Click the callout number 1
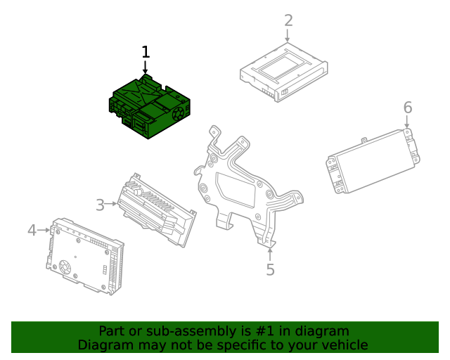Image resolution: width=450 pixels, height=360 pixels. [146, 52]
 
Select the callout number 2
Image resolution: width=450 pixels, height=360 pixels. [288, 20]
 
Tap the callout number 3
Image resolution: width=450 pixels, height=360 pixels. [100, 205]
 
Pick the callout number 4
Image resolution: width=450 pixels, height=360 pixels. [32, 230]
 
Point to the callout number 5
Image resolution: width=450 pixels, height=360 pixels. [270, 269]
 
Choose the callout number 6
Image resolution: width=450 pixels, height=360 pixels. [408, 108]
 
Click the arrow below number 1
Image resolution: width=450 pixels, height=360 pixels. [146, 67]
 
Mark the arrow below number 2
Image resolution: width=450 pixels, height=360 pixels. [288, 35]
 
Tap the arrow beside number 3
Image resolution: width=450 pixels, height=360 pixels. [111, 203]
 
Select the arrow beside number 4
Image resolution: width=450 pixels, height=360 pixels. [44, 230]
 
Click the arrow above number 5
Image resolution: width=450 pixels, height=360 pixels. [270, 255]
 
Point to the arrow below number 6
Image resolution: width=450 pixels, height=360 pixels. [406, 122]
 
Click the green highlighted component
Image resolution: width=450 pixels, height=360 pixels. [149, 107]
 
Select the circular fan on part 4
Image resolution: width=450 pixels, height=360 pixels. [65, 267]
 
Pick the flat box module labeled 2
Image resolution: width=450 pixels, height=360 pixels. [284, 72]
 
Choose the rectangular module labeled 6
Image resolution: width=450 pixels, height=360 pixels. [373, 161]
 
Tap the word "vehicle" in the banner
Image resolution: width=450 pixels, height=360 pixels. [347, 345]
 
